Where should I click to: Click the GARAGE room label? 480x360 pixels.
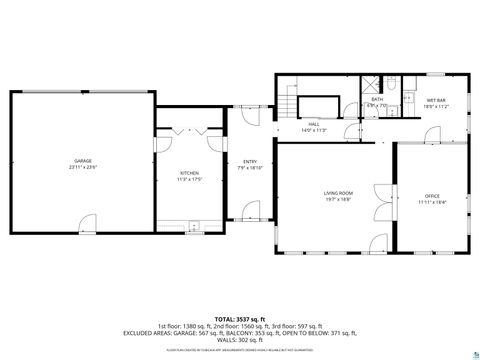pos(82,161)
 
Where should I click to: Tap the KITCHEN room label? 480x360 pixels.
pos(189,173)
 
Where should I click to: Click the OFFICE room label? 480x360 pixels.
pos(432,195)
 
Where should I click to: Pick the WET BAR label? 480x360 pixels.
pos(437,100)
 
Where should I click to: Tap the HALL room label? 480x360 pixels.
pos(314,124)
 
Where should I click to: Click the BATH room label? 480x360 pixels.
pos(377,99)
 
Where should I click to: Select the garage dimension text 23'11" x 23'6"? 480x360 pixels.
pos(82,167)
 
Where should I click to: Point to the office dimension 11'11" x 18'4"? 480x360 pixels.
pos(432,201)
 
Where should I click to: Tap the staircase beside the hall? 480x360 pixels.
pos(288,108)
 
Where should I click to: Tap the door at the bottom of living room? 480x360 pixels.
pos(377,244)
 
